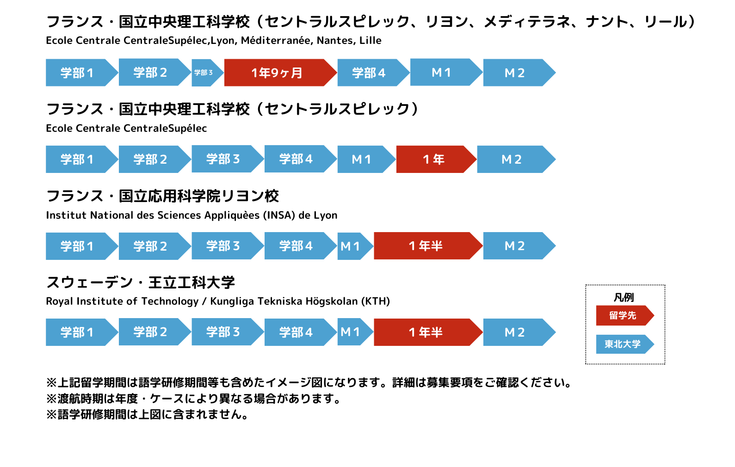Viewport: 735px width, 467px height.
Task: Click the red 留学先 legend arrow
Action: coord(625,315)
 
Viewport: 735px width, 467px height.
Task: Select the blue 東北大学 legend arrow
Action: coord(625,344)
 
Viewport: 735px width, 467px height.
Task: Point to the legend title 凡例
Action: coord(624,297)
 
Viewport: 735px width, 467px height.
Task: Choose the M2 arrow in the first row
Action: coord(519,73)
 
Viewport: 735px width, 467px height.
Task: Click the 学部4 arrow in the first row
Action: coord(373,73)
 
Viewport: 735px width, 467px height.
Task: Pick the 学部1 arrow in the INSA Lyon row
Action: coord(82,246)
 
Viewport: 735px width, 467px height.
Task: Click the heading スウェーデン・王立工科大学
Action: coord(141,283)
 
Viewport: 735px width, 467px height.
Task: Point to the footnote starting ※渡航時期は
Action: coord(194,399)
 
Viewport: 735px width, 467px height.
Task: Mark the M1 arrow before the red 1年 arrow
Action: coord(366,159)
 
